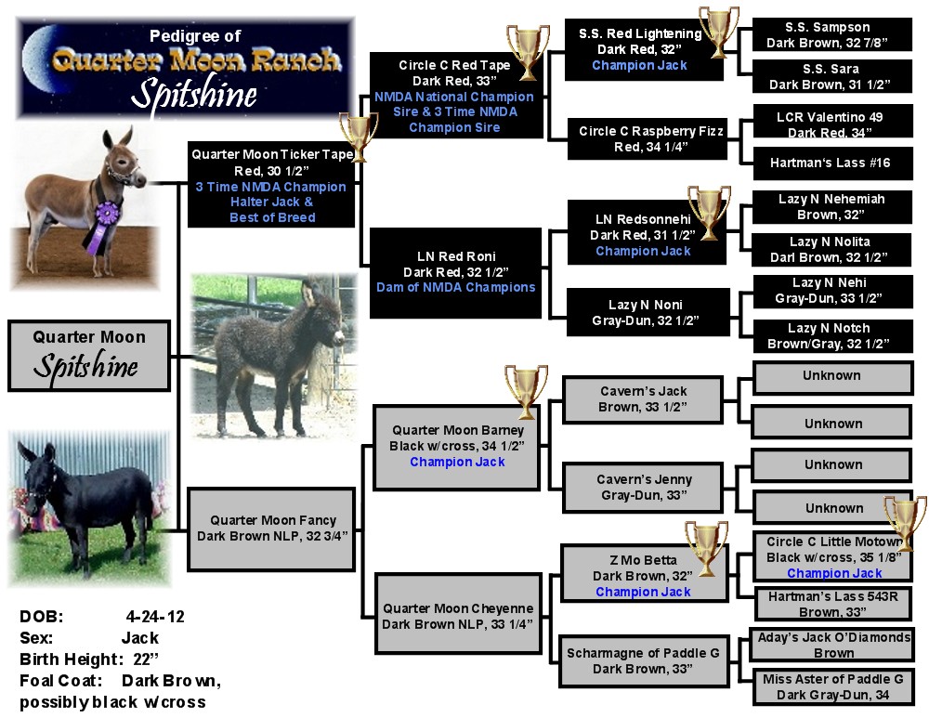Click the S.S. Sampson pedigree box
tap(831, 34)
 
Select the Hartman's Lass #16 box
tap(832, 163)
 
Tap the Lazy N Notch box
tap(831, 336)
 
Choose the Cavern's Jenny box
tap(643, 488)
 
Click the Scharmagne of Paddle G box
tap(644, 661)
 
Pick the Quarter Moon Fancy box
tap(272, 529)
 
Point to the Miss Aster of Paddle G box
tap(832, 686)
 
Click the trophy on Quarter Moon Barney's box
tap(526, 391)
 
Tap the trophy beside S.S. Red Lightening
tap(719, 32)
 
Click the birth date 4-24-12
tap(155, 617)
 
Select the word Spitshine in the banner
tap(194, 94)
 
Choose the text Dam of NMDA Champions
tap(455, 287)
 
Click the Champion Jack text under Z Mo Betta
tap(644, 592)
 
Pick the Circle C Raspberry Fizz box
tap(647, 139)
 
